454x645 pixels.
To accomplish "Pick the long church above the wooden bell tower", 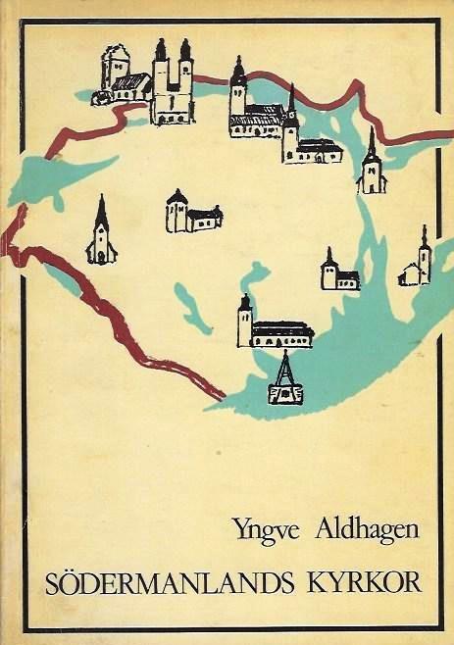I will click(x=274, y=325).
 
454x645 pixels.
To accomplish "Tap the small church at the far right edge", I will click(x=416, y=262).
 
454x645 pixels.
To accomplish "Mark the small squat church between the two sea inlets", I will click(x=339, y=273).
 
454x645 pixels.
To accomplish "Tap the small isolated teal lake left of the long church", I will click(x=192, y=312).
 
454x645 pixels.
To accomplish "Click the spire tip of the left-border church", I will click(x=101, y=198).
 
